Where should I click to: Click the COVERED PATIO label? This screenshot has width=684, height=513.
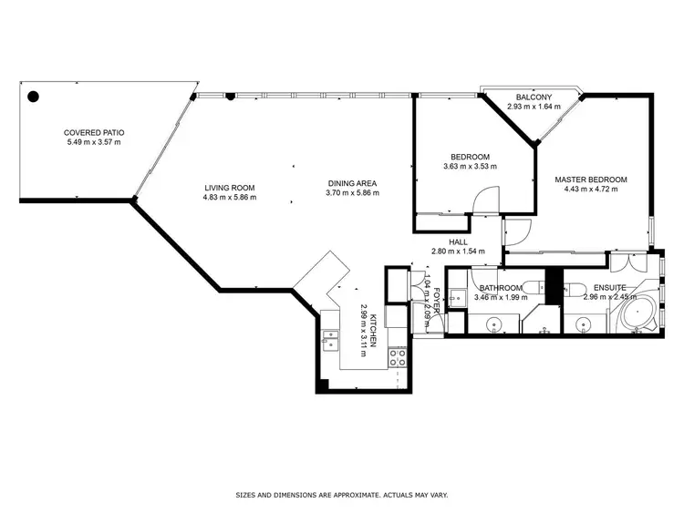(94, 131)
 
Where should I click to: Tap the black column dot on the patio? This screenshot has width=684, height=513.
(34, 95)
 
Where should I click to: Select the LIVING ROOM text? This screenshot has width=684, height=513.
(229, 187)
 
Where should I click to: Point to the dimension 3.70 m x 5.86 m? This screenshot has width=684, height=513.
(353, 194)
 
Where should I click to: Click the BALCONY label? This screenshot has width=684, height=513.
(533, 97)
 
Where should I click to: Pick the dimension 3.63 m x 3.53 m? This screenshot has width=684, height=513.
(471, 166)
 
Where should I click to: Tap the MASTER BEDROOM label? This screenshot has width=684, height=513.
(591, 180)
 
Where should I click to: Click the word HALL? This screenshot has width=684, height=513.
(458, 241)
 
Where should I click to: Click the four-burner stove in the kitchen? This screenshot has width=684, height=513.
(398, 358)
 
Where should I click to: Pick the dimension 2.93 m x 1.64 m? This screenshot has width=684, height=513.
(533, 107)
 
